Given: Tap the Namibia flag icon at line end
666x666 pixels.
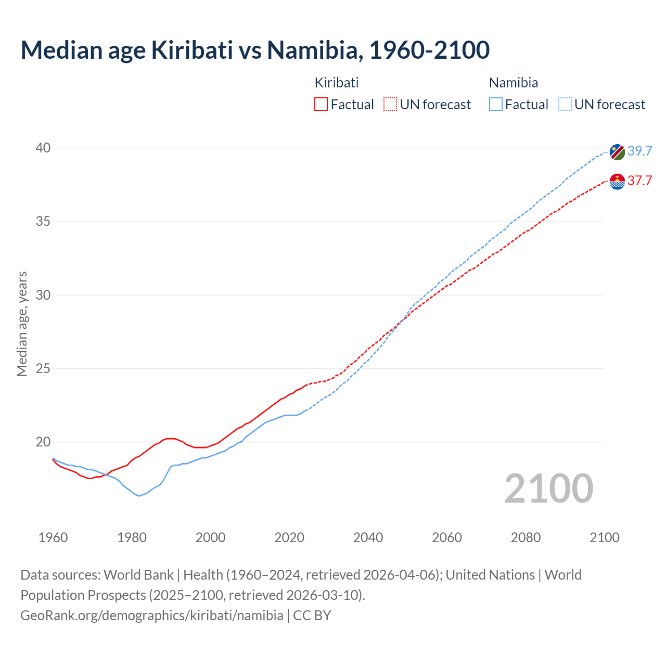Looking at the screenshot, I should pos(617,151).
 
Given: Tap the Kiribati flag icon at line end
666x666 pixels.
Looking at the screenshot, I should pos(617,182).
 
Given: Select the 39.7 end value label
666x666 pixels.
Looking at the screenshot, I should pos(639,151).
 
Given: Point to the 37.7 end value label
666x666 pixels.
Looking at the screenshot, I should pos(639,181).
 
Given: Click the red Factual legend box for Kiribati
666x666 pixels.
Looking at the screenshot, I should pos(321,105).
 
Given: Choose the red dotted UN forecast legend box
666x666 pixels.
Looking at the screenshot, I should pos(390,105).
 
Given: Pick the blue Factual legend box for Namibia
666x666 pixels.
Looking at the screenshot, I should pos(496,105).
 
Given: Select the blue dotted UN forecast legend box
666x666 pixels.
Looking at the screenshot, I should pos(565,105).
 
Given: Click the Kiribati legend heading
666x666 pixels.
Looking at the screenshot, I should pos(337,83).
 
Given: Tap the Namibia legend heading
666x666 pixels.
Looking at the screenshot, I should pos(514,83).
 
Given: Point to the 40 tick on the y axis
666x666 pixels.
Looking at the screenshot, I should pos(43,148).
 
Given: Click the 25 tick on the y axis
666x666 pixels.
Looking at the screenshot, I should pos(43,369).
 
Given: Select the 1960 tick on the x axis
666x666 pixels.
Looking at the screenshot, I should pos(53,537).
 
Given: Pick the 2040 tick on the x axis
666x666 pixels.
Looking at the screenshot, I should pos(368,537).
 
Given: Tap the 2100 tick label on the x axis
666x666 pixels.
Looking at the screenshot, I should pos(605,537).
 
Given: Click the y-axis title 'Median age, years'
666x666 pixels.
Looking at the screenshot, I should pos(22,324).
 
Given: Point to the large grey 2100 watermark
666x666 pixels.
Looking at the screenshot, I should pos(548,488).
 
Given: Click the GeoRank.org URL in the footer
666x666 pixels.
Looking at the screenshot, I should pos(152,616).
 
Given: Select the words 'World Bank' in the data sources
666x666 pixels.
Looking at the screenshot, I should pos(138,575).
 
